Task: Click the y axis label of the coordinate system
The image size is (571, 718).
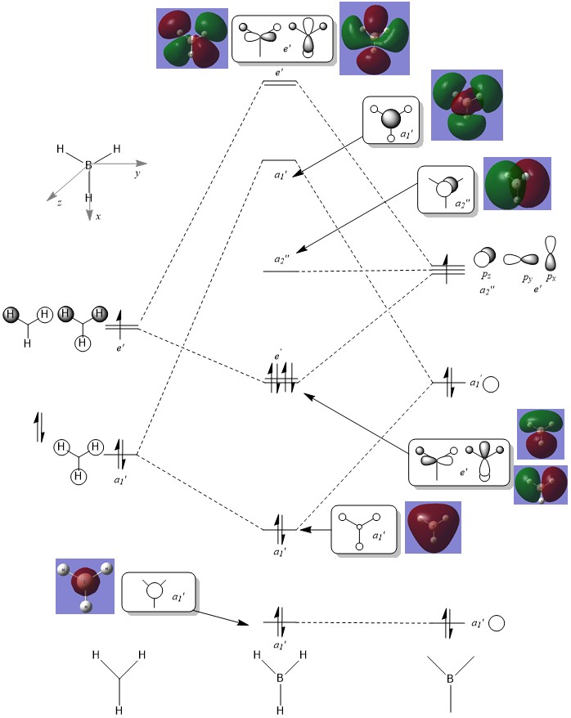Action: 136,174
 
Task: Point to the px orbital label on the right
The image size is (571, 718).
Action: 551,278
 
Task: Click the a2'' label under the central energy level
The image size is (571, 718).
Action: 281,259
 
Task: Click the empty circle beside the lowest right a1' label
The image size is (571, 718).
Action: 495,623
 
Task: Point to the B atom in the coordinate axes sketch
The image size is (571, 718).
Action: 88,165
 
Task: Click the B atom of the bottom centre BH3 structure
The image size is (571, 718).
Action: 279,678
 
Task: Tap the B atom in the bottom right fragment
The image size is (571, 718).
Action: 450,678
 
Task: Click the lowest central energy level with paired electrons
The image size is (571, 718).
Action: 279,623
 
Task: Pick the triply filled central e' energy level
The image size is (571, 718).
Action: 280,382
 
